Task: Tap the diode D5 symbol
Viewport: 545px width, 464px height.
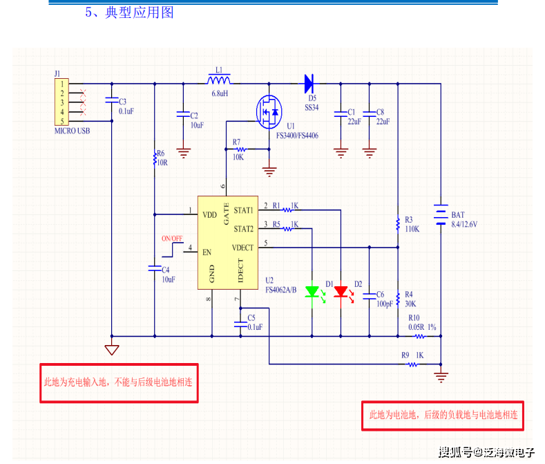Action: [x=308, y=84]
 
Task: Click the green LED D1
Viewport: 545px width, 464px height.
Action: [x=312, y=291]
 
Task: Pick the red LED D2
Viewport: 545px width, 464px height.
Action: [x=341, y=291]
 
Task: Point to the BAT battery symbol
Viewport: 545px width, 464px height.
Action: [x=440, y=214]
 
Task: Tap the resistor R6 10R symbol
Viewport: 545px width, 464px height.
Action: [x=154, y=159]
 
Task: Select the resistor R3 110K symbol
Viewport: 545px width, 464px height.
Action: [x=398, y=223]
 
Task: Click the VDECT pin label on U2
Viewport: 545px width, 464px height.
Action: [x=242, y=248]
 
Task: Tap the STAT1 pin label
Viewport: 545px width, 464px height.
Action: [x=244, y=210]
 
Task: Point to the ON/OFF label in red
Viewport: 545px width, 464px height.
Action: [x=172, y=239]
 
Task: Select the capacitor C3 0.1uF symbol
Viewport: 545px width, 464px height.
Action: [x=111, y=102]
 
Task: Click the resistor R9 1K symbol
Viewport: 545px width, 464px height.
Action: [x=414, y=364]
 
